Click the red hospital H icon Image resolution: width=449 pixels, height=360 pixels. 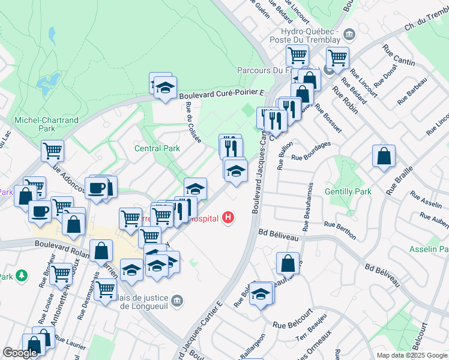click(x=228, y=217)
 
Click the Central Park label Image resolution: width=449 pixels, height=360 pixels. click(x=157, y=148)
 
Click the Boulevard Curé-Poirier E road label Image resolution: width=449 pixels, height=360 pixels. click(x=221, y=93)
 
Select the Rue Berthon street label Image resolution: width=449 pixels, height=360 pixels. click(x=340, y=230)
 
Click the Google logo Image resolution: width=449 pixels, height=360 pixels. click(x=20, y=353)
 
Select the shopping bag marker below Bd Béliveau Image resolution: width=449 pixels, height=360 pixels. click(x=288, y=263)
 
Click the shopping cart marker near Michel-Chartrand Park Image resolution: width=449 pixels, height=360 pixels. click(x=53, y=150)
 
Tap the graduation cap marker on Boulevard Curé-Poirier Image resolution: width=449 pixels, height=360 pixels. click(x=164, y=87)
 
